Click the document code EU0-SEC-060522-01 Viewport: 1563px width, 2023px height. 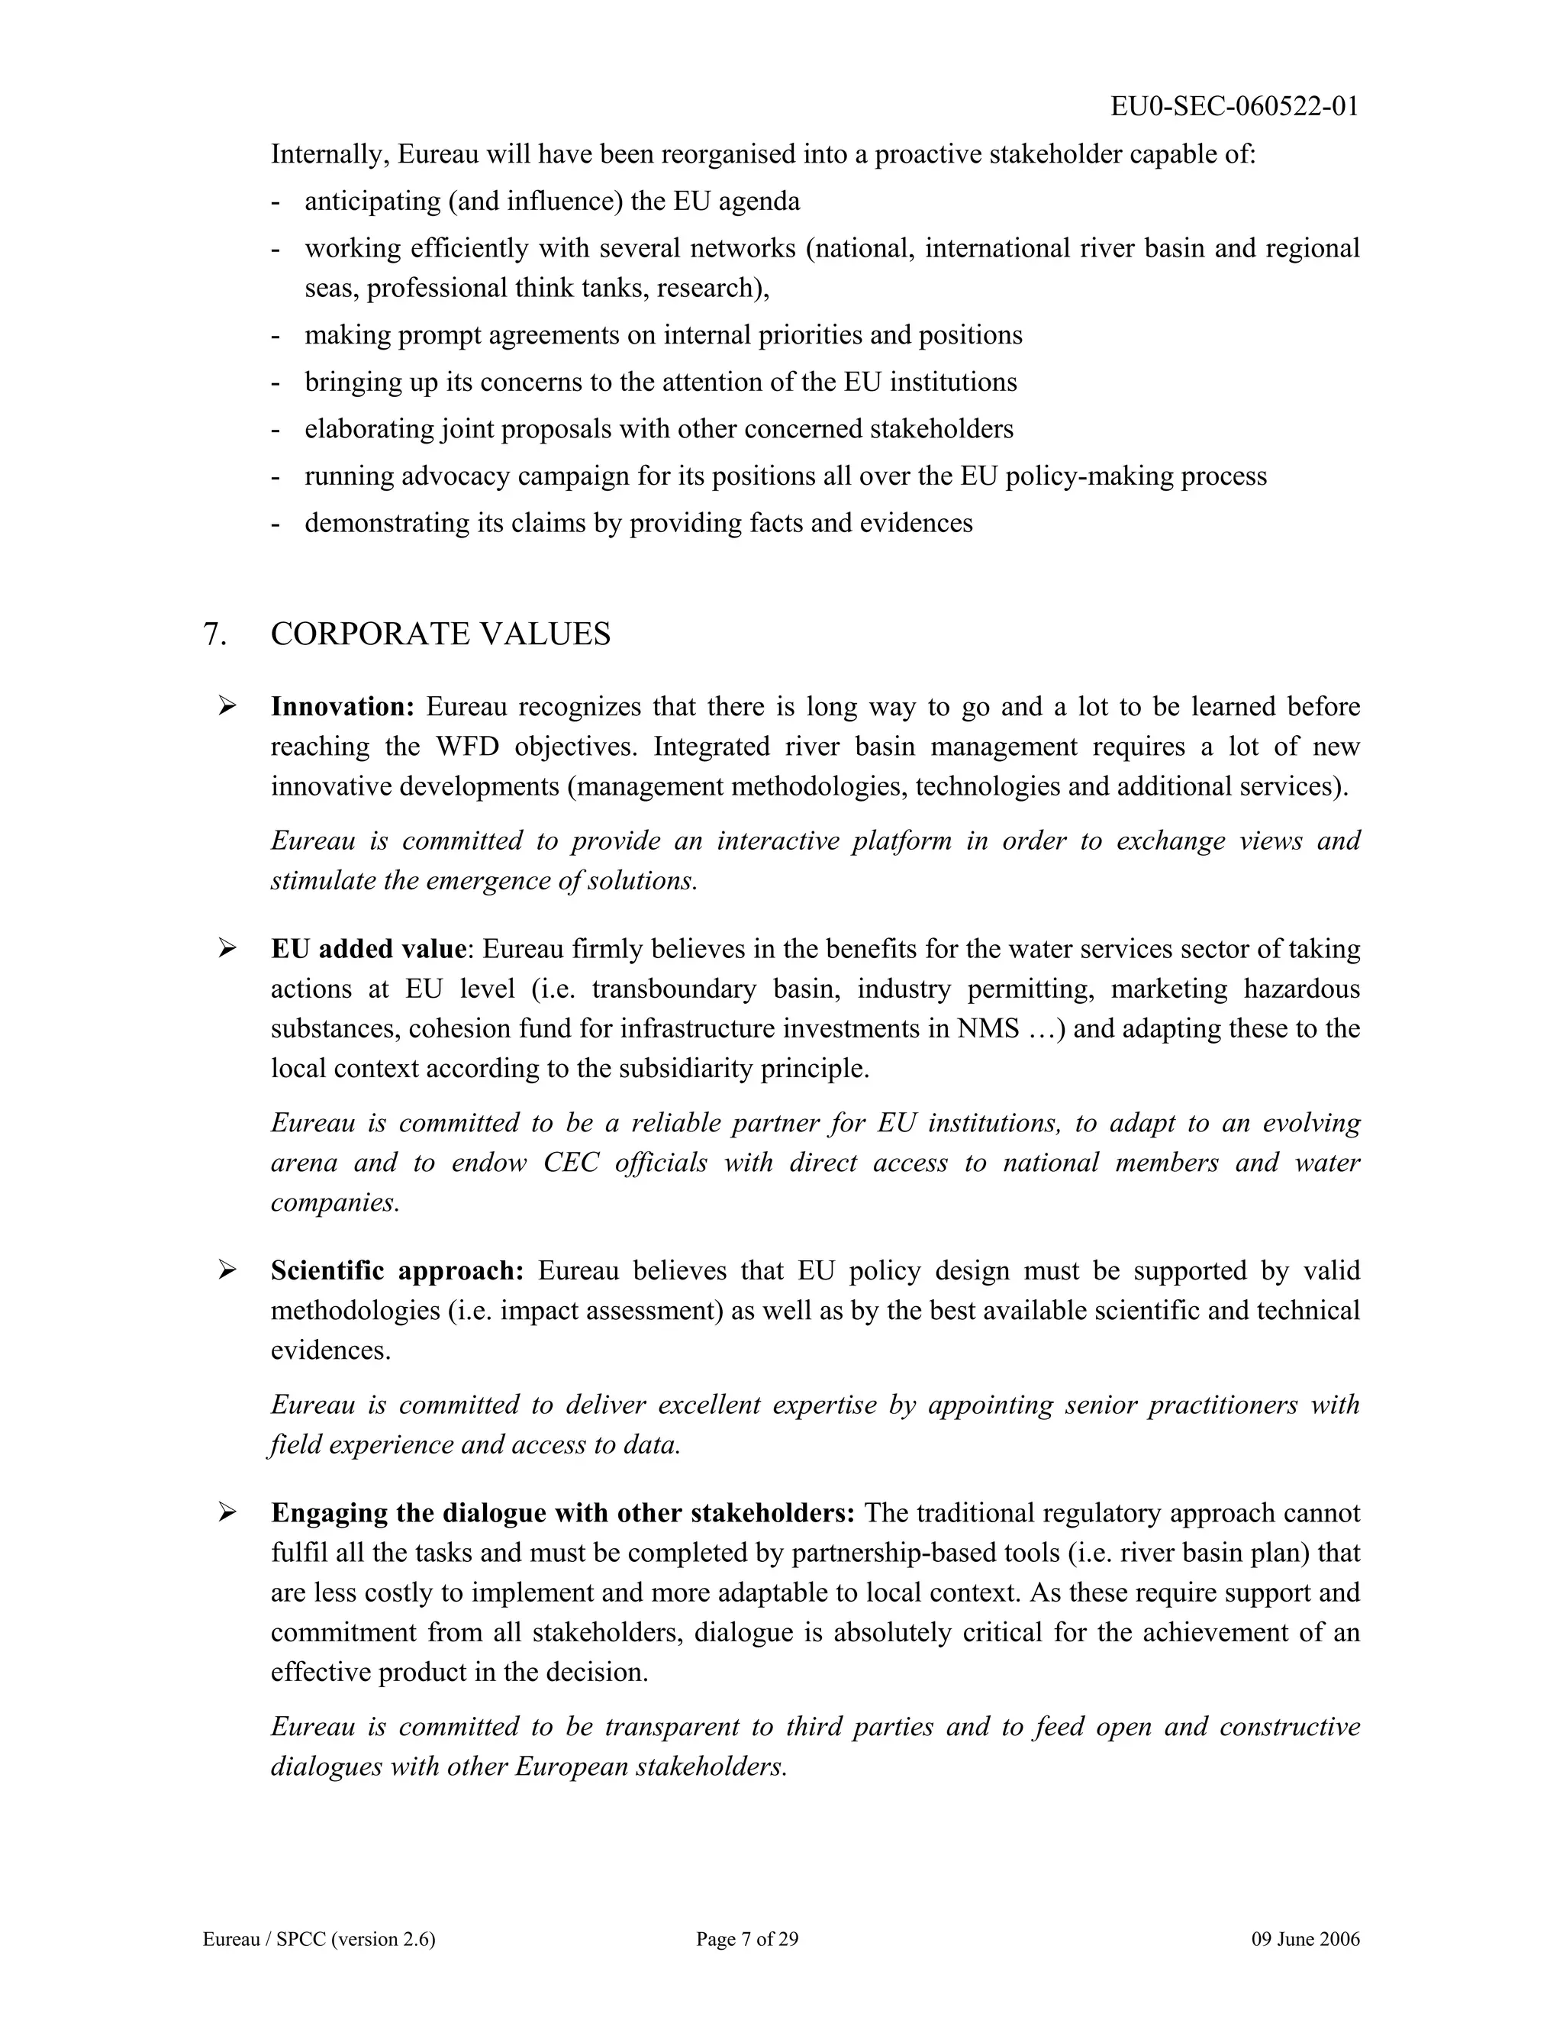pos(1234,107)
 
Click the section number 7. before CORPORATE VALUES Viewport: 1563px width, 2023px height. pos(214,634)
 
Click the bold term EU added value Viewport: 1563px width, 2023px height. pos(368,950)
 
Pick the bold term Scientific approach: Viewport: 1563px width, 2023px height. pos(397,1271)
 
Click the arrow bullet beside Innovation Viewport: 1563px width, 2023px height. pos(227,707)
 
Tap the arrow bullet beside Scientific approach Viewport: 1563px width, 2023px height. pos(227,1271)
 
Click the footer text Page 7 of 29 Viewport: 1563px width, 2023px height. pos(746,1940)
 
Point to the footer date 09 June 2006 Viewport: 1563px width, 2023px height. pos(1304,1940)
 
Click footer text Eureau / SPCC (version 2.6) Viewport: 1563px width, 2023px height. pos(318,1940)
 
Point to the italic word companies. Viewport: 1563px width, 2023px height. pos(334,1203)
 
